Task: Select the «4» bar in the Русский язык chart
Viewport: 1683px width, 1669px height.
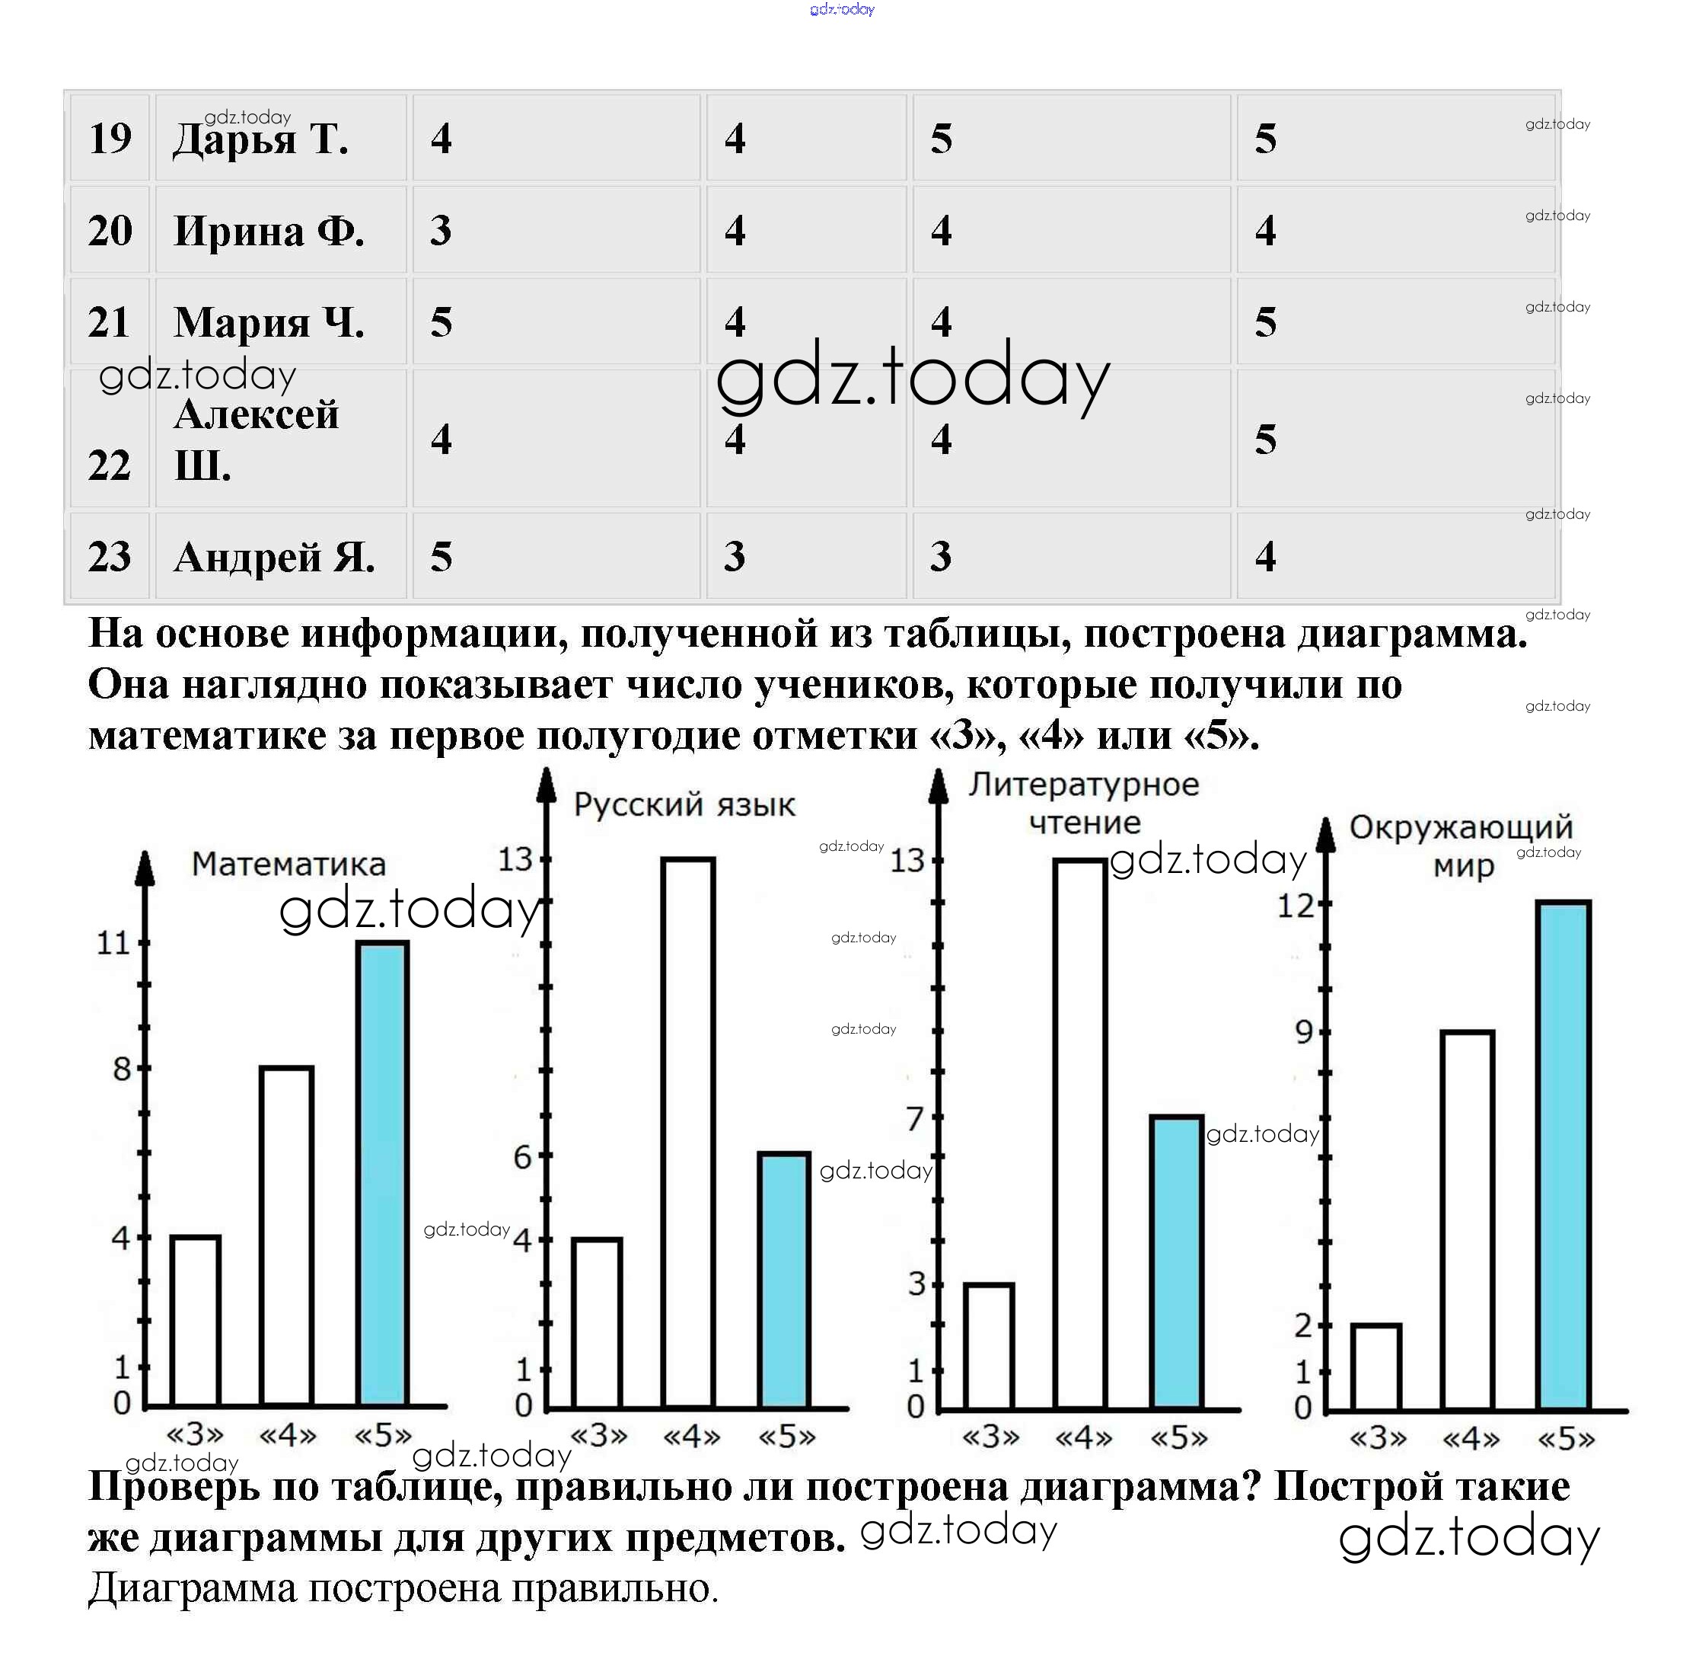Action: pyautogui.click(x=687, y=1133)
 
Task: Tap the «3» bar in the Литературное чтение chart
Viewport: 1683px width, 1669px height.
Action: pyautogui.click(x=989, y=1347)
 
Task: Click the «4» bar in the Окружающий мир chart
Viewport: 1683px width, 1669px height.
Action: pyautogui.click(x=1467, y=1220)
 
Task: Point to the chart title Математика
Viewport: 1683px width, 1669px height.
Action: pyautogui.click(x=288, y=864)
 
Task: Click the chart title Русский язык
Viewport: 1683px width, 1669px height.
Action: pyautogui.click(x=684, y=804)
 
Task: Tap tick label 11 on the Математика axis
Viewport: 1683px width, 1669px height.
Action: pyautogui.click(x=113, y=943)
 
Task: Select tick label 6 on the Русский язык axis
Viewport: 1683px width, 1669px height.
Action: pyautogui.click(x=522, y=1157)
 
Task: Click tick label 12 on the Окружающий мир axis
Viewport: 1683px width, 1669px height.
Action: pyautogui.click(x=1296, y=906)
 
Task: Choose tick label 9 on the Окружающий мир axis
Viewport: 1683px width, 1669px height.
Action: pyautogui.click(x=1303, y=1032)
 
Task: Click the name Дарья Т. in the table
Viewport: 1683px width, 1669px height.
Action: pyautogui.click(x=260, y=139)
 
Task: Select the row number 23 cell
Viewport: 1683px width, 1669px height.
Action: pyautogui.click(x=110, y=556)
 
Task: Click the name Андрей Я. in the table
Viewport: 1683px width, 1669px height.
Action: pyautogui.click(x=274, y=557)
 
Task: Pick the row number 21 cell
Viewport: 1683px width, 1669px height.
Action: pyautogui.click(x=110, y=322)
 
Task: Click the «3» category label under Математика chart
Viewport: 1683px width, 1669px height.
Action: pyautogui.click(x=195, y=1434)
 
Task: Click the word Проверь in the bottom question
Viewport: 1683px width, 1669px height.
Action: pyautogui.click(x=174, y=1487)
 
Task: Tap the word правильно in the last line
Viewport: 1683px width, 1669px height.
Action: pyautogui.click(x=614, y=1588)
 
